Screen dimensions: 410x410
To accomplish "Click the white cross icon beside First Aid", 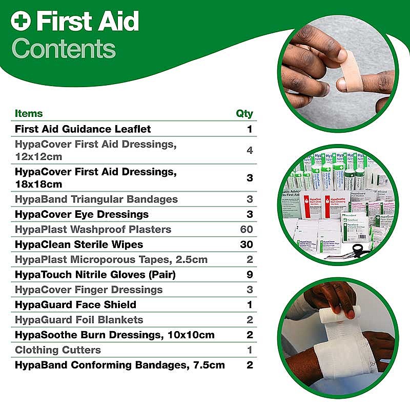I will click(x=21, y=22).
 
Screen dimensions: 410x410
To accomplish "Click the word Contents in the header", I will click(x=64, y=49).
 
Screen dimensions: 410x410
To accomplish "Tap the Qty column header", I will click(x=244, y=114).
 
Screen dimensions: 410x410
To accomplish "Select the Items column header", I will click(x=29, y=114).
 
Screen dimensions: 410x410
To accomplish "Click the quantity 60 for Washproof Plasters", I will click(x=246, y=229).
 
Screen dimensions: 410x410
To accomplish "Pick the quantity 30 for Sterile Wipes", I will click(x=246, y=244).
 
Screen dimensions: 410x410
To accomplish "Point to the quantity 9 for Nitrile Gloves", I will click(x=250, y=275).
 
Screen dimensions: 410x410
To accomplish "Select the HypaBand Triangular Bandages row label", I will click(x=96, y=199).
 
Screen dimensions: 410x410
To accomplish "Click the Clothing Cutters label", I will click(x=58, y=350).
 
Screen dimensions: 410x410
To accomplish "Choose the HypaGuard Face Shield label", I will click(x=75, y=305).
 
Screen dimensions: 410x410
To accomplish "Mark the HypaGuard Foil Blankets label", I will click(x=79, y=320).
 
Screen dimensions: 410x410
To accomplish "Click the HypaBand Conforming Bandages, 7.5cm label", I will click(x=120, y=365).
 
